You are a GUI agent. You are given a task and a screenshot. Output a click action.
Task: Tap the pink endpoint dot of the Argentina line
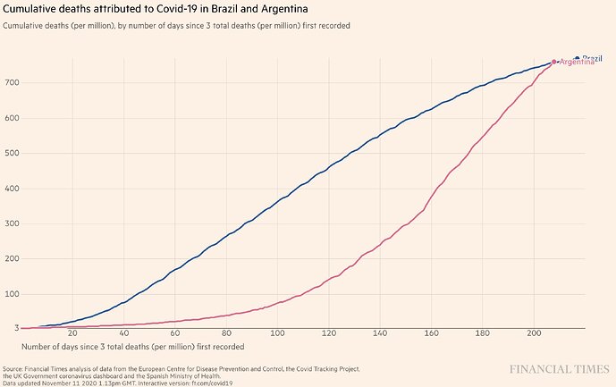(x=554, y=62)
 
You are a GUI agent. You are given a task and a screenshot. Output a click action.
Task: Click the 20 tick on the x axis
(x=71, y=333)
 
